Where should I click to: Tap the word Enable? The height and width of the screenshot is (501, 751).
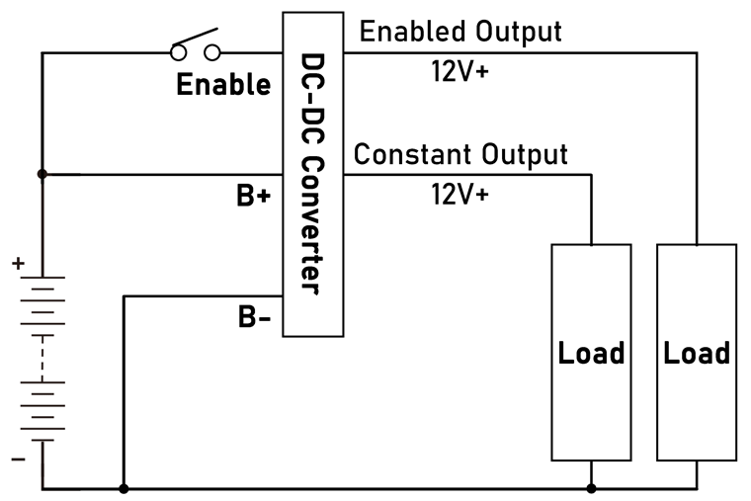point(223,85)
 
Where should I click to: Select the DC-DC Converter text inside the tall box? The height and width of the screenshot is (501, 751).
point(311,173)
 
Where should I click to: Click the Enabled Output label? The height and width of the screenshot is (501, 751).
point(460,32)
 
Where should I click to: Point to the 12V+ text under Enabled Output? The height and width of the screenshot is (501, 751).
point(459,71)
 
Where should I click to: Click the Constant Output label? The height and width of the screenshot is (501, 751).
point(460,155)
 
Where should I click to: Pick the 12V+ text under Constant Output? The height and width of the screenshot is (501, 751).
point(459,194)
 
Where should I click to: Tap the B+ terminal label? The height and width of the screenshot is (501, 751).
point(254,197)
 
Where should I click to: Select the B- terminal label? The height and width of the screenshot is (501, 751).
point(254,317)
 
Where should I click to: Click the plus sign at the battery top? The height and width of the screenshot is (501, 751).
point(18,265)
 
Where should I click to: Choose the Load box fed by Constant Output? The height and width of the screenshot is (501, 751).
point(591,353)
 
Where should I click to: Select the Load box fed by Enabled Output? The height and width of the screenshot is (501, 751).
point(697,353)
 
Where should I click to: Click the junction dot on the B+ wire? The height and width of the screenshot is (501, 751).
point(42,175)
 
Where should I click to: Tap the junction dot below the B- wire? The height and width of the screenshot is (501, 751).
point(123,488)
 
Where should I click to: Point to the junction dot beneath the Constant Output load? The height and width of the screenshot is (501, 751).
point(591,488)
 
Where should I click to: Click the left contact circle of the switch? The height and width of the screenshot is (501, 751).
point(179,52)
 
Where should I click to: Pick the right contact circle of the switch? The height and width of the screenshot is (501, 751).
point(212,52)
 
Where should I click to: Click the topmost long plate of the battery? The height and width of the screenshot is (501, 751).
point(42,278)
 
